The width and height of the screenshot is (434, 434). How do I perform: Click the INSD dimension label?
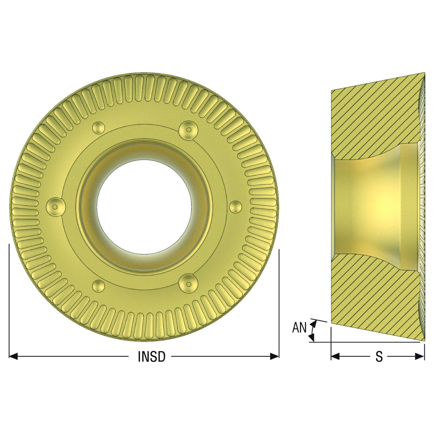tap(151, 356)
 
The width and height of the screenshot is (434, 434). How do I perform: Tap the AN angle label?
tap(299, 328)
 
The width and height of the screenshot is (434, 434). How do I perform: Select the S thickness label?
tap(379, 356)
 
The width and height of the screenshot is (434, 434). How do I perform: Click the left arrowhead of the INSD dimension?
tap(13, 356)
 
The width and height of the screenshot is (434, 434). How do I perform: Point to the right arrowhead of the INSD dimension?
tap(275, 356)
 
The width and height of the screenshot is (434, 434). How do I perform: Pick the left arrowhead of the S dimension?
tap(335, 356)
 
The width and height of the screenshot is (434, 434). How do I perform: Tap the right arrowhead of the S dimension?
tap(420, 356)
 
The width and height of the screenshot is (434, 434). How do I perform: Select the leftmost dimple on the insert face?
tap(56, 207)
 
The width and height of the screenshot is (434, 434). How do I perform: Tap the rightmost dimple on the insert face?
tap(236, 207)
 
